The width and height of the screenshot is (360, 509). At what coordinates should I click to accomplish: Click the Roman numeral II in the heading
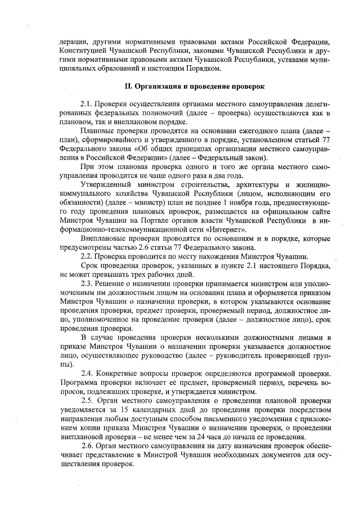click(127, 87)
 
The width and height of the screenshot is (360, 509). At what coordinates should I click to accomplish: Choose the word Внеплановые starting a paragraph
click(105, 238)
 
